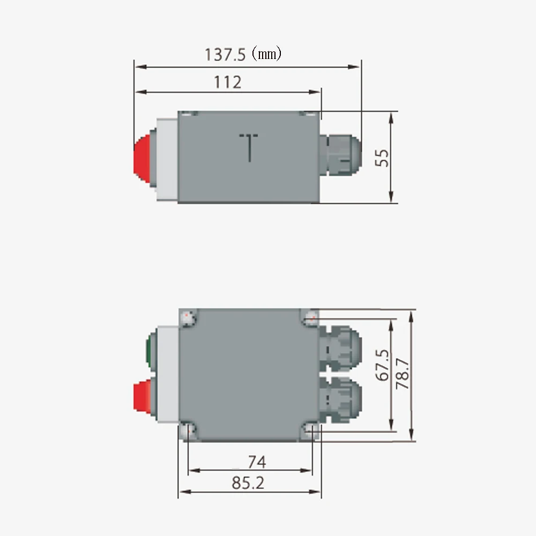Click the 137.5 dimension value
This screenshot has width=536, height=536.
click(x=225, y=54)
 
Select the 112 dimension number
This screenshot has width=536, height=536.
click(x=228, y=82)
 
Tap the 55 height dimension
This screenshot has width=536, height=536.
click(x=383, y=158)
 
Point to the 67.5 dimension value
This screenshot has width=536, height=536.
click(x=383, y=366)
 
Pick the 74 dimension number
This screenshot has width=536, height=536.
click(x=256, y=461)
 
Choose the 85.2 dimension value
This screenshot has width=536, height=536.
click(x=248, y=483)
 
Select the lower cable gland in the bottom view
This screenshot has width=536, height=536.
click(x=339, y=398)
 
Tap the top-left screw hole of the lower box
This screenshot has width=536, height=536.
click(x=188, y=318)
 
